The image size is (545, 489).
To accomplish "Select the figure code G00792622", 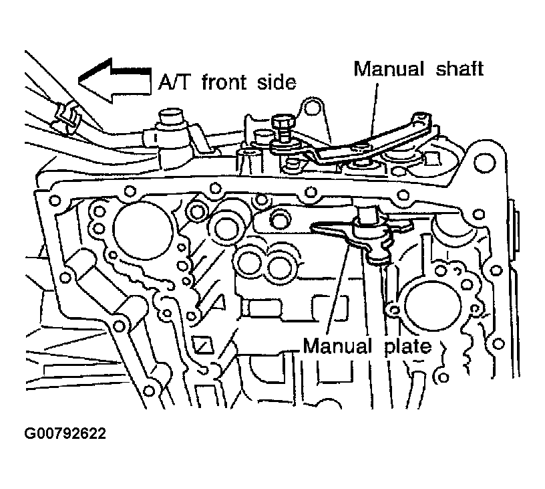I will [65, 433].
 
